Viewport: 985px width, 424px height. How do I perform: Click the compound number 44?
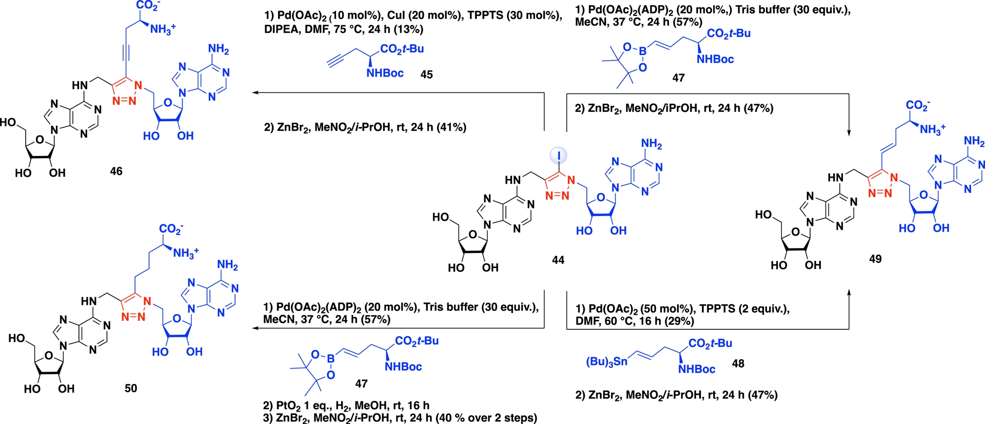click(x=558, y=260)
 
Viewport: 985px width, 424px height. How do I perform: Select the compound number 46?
click(x=116, y=171)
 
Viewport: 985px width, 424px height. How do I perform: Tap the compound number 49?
click(x=875, y=259)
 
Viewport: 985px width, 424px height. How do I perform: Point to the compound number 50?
click(x=131, y=389)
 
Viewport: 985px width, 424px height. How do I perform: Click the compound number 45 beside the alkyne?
click(x=426, y=75)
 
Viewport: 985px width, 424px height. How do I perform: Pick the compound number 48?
click(x=738, y=364)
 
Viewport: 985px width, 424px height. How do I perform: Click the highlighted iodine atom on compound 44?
click(x=559, y=155)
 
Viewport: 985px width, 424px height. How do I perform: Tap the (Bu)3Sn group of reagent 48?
click(x=606, y=362)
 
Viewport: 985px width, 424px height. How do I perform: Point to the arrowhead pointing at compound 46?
click(x=255, y=93)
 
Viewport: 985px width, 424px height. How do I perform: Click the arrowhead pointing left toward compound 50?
click(x=255, y=328)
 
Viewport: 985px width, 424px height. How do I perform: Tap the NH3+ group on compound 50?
click(x=186, y=253)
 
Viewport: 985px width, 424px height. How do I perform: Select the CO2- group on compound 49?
click(x=917, y=105)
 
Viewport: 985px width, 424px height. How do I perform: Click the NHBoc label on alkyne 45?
click(x=385, y=73)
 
